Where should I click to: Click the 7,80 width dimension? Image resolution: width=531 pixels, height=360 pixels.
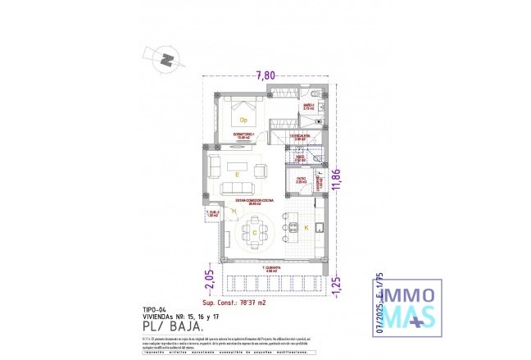[265, 76]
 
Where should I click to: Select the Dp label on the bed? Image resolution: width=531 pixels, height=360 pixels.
[243, 120]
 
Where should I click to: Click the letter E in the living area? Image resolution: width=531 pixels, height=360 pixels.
[237, 175]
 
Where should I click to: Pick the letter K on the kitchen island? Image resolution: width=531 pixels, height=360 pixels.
[306, 226]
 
